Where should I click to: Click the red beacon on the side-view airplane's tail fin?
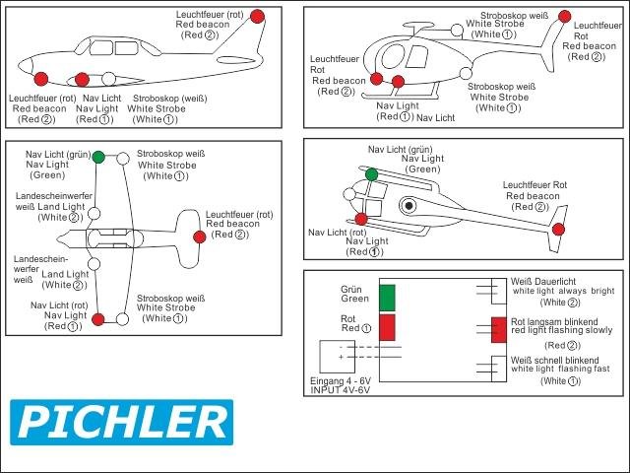coord(257,16)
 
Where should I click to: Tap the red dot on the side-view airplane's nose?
coord(40,79)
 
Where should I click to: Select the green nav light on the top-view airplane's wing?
coord(98,157)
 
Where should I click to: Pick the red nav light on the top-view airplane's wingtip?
coord(97,318)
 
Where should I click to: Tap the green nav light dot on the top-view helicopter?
coord(371,174)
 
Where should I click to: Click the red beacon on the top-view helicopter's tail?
coord(558,230)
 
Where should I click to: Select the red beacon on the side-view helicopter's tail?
coord(563,16)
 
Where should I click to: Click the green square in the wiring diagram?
coord(387,297)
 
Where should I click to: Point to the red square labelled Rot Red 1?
coord(387,326)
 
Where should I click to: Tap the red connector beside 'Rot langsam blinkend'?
coord(498,330)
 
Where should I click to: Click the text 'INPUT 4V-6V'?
coord(341,389)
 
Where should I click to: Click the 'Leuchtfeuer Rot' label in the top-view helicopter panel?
coord(535,185)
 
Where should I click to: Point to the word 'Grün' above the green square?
coord(351,290)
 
